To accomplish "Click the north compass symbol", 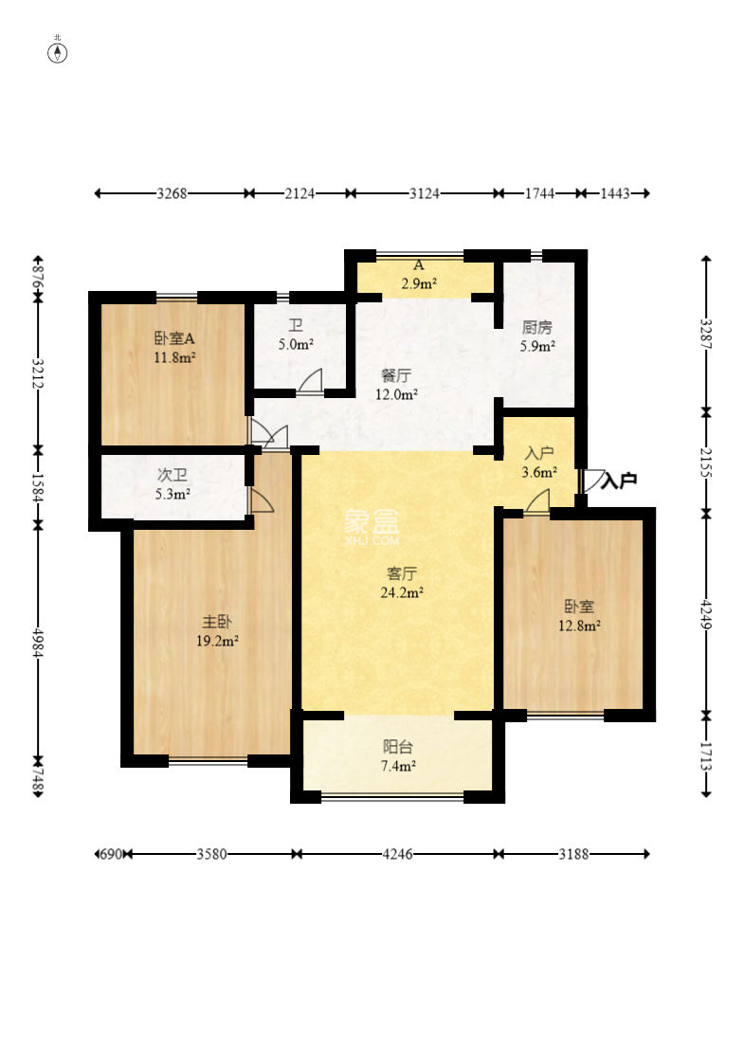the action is [58, 52].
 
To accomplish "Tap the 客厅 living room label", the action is [402, 573].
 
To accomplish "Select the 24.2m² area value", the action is [402, 592].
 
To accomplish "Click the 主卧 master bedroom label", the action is [217, 622].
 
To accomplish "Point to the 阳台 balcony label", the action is [397, 747].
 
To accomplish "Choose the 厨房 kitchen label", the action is [537, 327].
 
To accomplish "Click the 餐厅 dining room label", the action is [395, 375].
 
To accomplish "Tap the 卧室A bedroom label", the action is [174, 338].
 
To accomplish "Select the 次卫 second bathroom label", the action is [172, 475].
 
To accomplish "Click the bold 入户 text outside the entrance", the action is [619, 481].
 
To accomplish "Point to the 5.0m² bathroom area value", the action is [296, 344].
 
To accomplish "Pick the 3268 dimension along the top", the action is [172, 193].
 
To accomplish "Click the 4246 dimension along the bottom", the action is [397, 854].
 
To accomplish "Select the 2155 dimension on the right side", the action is [705, 463].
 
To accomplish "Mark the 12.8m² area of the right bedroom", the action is [579, 626].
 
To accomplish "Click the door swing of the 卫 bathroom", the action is [311, 381].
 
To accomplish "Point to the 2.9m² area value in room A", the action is [419, 283].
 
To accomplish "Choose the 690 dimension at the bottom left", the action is [110, 854].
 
